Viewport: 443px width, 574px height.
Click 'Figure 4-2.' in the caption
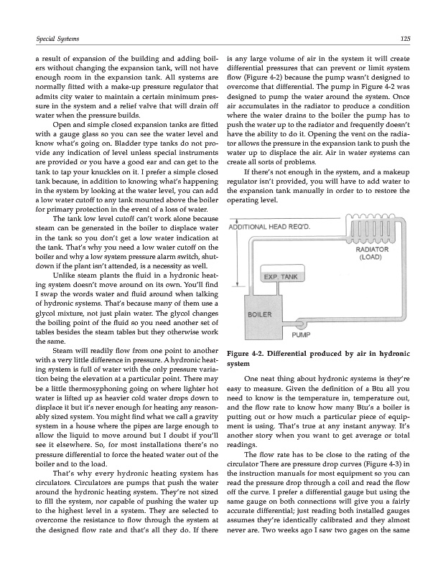click(248, 354)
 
